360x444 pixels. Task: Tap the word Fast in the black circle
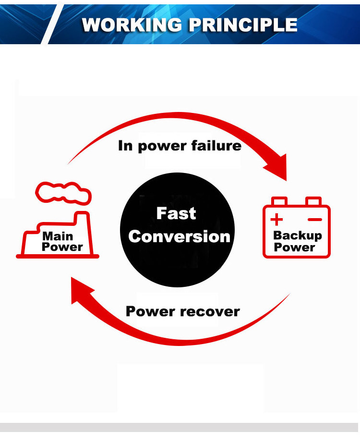click(176, 213)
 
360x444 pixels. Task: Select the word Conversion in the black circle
click(180, 236)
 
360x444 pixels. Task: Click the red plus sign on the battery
click(276, 220)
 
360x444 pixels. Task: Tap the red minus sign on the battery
click(315, 220)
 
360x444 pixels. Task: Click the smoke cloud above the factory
click(63, 192)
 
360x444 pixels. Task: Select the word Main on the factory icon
click(58, 236)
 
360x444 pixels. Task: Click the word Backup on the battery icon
click(297, 235)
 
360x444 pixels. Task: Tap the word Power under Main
click(62, 247)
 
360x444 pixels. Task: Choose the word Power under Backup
click(294, 247)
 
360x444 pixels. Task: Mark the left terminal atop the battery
click(279, 201)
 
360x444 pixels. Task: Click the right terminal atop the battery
click(313, 201)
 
